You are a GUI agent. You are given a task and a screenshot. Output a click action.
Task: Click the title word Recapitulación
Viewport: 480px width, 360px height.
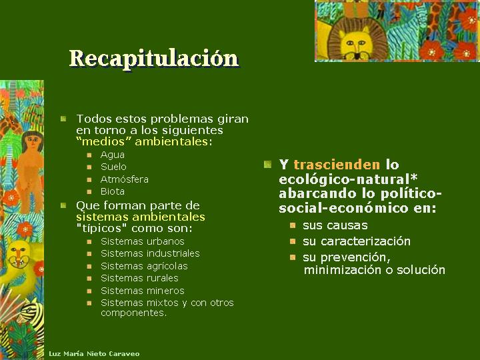(154, 58)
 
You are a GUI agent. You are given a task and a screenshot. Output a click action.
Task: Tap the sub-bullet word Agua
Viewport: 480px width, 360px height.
(113, 155)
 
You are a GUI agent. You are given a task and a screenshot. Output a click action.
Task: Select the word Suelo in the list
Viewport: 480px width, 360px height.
(113, 167)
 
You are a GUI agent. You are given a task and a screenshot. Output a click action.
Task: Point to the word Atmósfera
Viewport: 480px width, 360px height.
(124, 179)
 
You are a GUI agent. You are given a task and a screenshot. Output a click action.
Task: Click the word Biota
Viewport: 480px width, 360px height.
(113, 191)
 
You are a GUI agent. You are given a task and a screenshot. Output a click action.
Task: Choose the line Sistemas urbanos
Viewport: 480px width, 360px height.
(143, 241)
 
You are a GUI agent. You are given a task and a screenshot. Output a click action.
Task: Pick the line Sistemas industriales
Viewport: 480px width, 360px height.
(150, 253)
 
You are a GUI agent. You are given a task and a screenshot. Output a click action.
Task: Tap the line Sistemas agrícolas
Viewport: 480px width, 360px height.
(144, 266)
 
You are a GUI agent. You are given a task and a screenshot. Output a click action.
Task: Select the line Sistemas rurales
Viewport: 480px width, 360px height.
(139, 278)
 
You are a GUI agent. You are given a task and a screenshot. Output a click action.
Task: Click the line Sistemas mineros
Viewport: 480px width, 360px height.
(143, 291)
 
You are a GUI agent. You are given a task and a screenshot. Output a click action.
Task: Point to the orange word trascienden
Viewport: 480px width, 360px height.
(337, 165)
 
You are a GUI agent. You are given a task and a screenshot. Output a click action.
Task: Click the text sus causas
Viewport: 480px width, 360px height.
(335, 225)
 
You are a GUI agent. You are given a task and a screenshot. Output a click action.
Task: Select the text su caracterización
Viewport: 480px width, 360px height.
(356, 241)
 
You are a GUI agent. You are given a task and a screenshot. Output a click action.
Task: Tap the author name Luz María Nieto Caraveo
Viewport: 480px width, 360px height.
(94, 354)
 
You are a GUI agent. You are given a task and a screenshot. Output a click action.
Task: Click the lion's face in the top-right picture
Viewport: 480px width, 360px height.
(357, 42)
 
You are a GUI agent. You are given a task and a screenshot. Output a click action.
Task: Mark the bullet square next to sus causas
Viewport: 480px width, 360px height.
(293, 225)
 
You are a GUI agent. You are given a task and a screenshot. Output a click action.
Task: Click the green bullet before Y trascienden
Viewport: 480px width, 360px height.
(267, 165)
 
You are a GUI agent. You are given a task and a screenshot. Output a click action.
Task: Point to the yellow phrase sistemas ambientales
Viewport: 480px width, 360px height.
(140, 217)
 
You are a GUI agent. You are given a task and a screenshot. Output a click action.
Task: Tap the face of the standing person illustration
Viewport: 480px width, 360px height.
(32, 141)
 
